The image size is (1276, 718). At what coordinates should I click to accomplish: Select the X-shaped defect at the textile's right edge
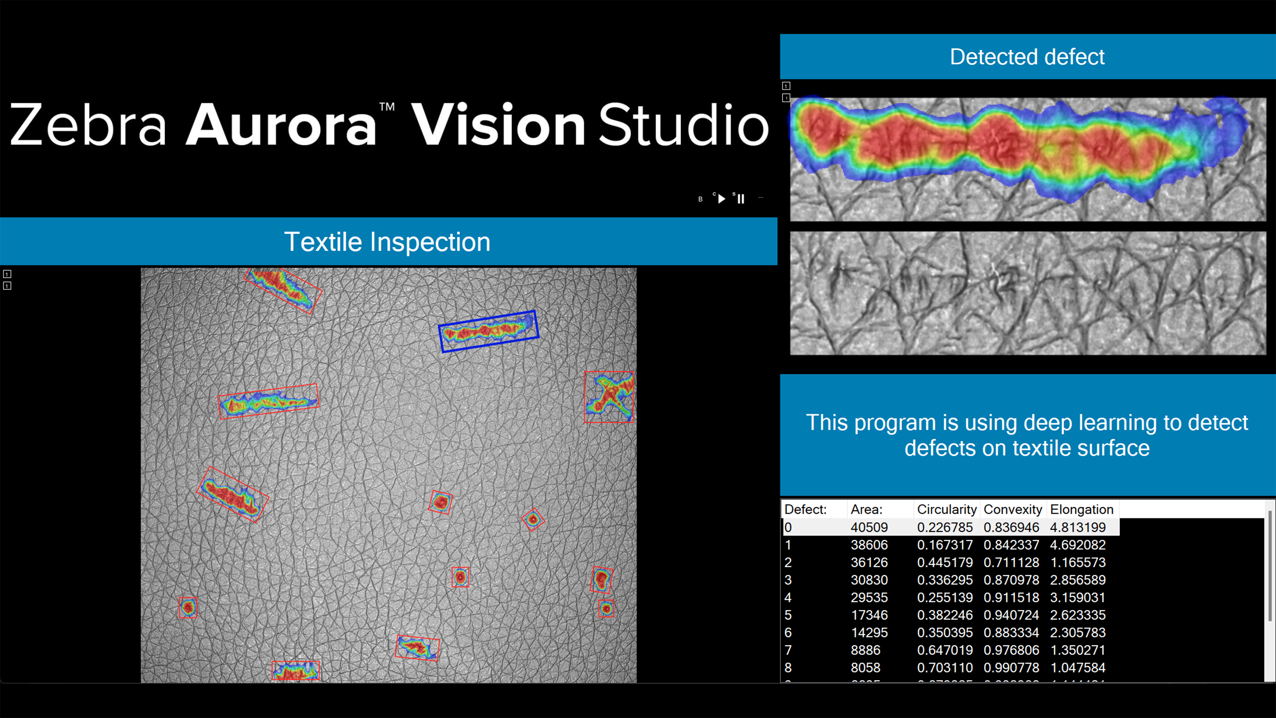coord(609,397)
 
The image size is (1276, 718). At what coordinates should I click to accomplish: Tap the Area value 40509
coord(869,527)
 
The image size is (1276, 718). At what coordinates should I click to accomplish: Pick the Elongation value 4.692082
coord(1078,545)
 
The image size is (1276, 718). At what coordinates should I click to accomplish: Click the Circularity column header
coord(946,510)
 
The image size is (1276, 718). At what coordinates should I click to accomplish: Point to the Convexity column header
coord(1013,510)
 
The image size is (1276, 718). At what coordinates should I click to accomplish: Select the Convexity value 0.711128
coord(1011,562)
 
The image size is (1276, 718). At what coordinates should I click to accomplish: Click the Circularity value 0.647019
coord(945,650)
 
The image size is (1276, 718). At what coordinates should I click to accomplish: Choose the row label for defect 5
coord(788,615)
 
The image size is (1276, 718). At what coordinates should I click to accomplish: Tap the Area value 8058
coord(865,667)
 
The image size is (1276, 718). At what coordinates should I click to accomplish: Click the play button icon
coord(722,198)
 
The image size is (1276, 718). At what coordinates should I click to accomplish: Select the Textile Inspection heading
coord(387,242)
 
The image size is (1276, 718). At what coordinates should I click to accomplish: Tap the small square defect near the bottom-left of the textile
coord(188,607)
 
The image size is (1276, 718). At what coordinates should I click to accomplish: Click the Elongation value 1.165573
coord(1078,562)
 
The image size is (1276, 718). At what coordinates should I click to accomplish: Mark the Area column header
coord(866,510)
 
